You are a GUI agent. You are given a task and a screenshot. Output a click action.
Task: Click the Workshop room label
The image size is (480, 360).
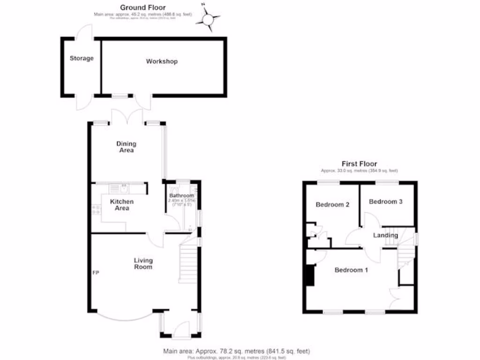(x=162, y=61)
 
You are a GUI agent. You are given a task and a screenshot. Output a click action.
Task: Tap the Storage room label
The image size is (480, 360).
(x=82, y=59)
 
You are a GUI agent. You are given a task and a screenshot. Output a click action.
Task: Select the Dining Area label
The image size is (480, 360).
(x=126, y=147)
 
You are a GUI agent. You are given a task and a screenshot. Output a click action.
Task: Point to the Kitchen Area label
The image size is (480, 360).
(x=122, y=205)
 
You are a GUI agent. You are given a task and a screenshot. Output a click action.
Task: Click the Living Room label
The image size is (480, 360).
(x=143, y=263)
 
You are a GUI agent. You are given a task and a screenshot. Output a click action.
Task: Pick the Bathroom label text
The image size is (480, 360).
(x=181, y=195)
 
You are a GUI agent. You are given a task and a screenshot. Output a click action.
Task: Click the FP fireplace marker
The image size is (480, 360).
(x=96, y=272)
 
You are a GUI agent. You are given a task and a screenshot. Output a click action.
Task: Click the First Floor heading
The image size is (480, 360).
(x=359, y=164)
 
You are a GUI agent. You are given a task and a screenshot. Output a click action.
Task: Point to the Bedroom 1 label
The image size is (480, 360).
(x=351, y=270)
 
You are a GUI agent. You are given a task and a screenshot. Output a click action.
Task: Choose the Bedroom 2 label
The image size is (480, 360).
(x=333, y=204)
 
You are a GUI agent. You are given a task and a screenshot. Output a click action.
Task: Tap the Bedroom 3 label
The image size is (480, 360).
(x=386, y=202)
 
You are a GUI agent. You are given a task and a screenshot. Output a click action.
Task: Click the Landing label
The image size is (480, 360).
(x=385, y=235)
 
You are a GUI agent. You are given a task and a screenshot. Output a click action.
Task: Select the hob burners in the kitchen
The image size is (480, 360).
(x=96, y=210)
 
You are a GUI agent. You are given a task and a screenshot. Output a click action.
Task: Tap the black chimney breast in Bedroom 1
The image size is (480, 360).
(x=309, y=275)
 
